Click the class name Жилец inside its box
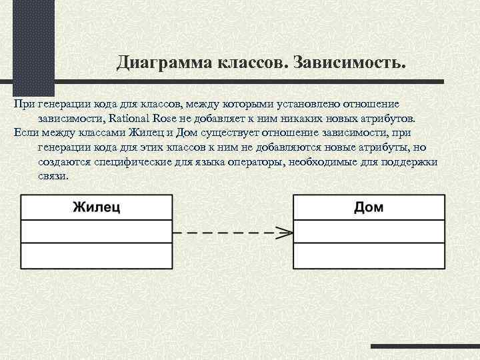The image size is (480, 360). point(97,207)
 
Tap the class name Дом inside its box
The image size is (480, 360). point(369,207)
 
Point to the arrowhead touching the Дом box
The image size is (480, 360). point(285,233)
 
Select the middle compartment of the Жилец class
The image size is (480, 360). point(97,231)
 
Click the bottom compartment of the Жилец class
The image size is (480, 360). point(97,255)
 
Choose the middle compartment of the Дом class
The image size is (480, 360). point(369,231)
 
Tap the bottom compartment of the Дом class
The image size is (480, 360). point(369,255)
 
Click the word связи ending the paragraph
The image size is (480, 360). point(53,177)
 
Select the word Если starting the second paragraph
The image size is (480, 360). point(25,133)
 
